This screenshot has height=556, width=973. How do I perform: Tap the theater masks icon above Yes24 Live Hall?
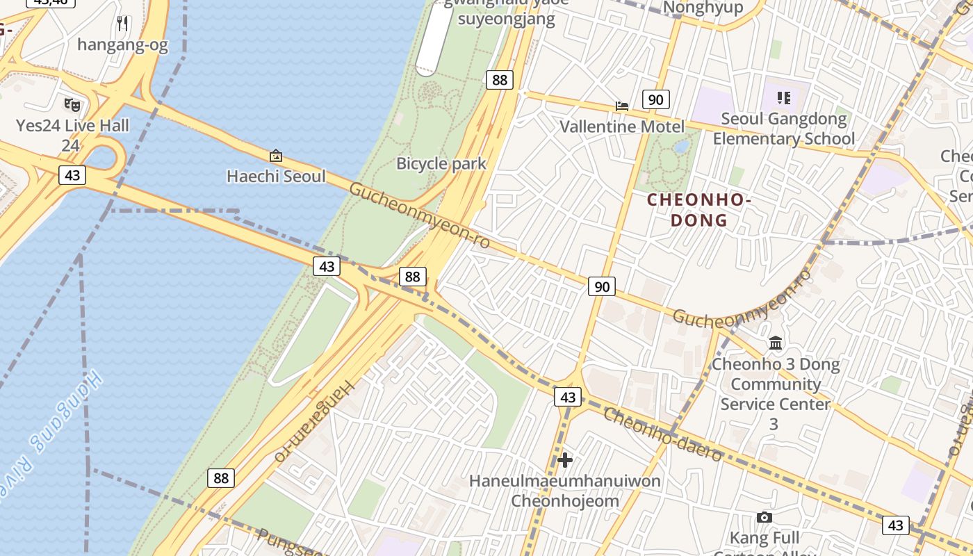(72, 105)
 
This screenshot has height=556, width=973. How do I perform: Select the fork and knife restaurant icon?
(123, 24)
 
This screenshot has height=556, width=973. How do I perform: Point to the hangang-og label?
(122, 45)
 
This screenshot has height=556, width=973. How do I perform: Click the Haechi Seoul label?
(276, 177)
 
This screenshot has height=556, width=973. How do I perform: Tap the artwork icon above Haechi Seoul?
(276, 156)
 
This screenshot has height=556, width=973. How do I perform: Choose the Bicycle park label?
(441, 164)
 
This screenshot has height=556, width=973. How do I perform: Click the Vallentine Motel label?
(622, 126)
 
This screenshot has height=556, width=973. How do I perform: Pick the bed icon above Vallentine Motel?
(622, 106)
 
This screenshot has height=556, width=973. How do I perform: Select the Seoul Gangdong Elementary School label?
(784, 129)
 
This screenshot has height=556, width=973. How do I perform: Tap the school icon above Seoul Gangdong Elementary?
(784, 98)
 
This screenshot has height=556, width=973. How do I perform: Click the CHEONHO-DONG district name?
(699, 210)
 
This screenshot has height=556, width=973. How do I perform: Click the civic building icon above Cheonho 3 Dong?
(776, 343)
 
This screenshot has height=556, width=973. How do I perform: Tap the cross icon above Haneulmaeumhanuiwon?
(565, 459)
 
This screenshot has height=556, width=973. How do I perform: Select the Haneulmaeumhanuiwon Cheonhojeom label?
(565, 491)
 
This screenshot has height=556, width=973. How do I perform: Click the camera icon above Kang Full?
(764, 517)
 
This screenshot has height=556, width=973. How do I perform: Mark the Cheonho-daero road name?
(662, 434)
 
